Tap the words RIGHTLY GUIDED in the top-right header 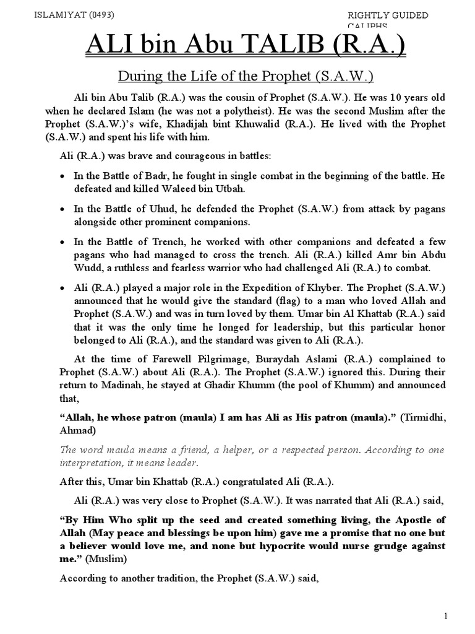tap(388, 15)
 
